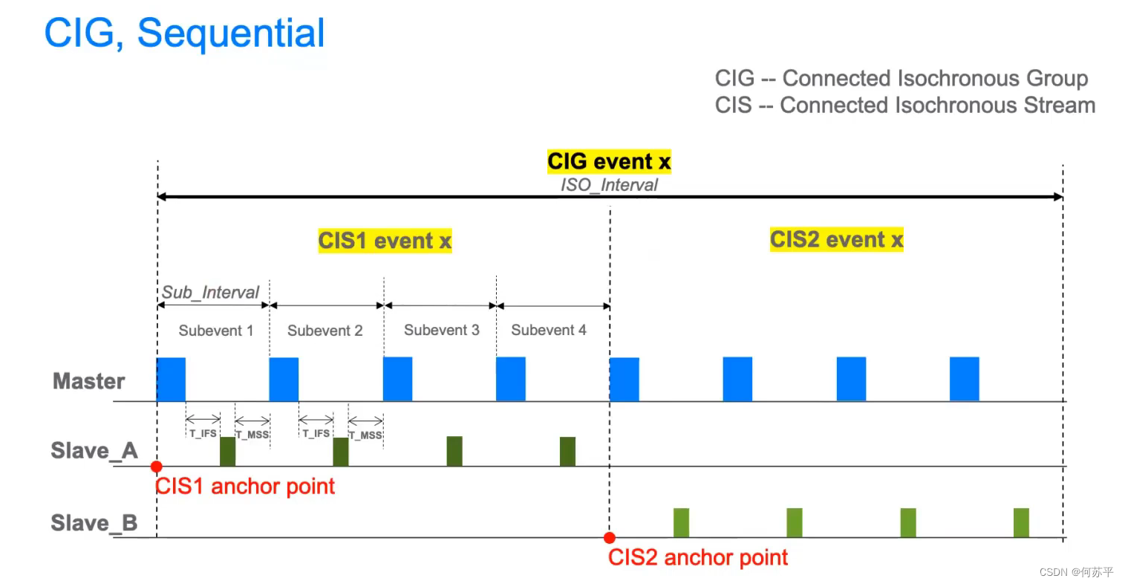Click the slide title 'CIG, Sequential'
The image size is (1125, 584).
[184, 33]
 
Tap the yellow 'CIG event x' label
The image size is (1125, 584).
[609, 161]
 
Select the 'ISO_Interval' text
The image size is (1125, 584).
[609, 185]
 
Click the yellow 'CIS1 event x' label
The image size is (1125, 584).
[385, 241]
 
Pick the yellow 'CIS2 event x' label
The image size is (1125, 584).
[836, 239]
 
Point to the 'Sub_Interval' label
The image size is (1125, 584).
[210, 292]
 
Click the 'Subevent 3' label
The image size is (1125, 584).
[441, 330]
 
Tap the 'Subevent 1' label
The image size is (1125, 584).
[215, 331]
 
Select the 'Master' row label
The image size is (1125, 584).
[88, 381]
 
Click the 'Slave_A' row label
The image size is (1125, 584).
[94, 451]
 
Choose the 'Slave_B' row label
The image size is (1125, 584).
[94, 523]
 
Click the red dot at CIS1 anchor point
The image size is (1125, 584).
[156, 467]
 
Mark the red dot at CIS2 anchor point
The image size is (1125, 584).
[610, 538]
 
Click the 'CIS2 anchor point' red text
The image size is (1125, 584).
[697, 557]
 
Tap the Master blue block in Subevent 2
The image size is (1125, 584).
[284, 379]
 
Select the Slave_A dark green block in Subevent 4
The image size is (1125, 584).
[567, 451]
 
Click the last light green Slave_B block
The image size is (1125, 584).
[1021, 522]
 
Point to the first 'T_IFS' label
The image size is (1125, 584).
[203, 433]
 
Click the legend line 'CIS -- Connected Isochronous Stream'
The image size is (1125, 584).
[904, 106]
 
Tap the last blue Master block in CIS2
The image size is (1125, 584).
[964, 379]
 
